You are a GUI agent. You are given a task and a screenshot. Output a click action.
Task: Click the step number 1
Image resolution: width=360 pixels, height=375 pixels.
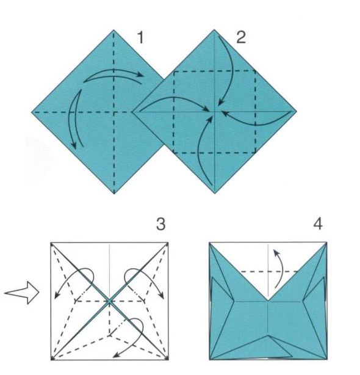pyautogui.click(x=141, y=38)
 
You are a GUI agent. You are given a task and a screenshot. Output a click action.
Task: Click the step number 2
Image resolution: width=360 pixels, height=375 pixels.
pyautogui.click(x=241, y=38)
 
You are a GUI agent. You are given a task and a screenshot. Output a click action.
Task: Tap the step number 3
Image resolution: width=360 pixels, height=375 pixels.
pyautogui.click(x=160, y=224)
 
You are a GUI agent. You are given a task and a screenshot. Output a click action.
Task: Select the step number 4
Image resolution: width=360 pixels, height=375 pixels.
pyautogui.click(x=318, y=224)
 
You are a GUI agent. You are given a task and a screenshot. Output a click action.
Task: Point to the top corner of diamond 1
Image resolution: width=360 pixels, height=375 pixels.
pyautogui.click(x=113, y=30)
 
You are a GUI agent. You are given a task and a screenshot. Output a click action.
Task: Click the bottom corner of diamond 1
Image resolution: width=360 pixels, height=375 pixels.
pyautogui.click(x=114, y=194)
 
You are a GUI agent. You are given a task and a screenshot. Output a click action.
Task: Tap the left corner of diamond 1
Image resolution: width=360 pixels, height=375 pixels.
pyautogui.click(x=32, y=112)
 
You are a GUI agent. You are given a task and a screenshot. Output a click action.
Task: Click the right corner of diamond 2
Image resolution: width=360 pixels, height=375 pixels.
pyautogui.click(x=297, y=111)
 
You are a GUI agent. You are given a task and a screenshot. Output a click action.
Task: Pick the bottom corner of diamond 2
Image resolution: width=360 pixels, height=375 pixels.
pyautogui.click(x=215, y=193)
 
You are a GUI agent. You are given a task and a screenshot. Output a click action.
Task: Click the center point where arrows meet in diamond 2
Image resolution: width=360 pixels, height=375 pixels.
pyautogui.click(x=215, y=111)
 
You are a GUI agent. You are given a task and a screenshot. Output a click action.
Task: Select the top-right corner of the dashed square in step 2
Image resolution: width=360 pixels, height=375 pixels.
pyautogui.click(x=256, y=71)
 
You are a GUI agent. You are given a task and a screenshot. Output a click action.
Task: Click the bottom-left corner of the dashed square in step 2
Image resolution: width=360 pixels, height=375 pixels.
pyautogui.click(x=174, y=153)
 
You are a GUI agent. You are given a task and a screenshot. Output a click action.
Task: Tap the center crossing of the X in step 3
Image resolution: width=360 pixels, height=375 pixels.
pyautogui.click(x=109, y=301)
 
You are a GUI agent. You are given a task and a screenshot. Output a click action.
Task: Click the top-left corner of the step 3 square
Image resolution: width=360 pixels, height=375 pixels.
pyautogui.click(x=51, y=242)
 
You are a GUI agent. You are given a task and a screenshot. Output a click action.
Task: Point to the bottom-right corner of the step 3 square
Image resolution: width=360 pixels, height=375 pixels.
pyautogui.click(x=168, y=360)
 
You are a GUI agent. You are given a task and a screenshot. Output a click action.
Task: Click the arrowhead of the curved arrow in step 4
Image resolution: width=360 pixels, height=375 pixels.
pyautogui.click(x=275, y=252)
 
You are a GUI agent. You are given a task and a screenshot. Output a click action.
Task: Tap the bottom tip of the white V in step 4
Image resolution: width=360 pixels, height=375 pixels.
pyautogui.click(x=268, y=301)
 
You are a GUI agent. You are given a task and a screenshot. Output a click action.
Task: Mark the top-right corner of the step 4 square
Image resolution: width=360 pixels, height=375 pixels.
pyautogui.click(x=326, y=242)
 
